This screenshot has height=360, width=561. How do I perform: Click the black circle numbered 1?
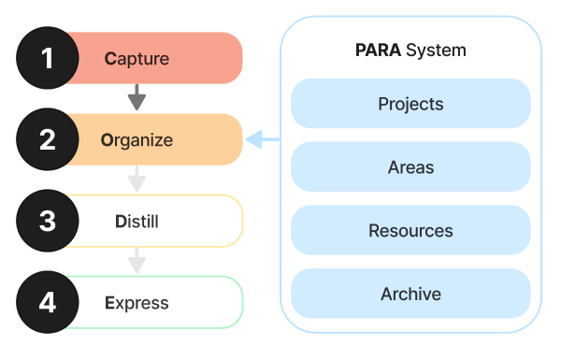coord(47,58)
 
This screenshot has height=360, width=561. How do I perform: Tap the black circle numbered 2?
coord(47,139)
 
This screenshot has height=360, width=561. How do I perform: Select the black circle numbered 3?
coord(47,221)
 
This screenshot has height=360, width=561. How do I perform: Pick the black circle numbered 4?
coord(47,302)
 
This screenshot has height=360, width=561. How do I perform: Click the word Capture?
coord(137,59)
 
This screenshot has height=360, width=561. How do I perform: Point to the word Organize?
coord(137,140)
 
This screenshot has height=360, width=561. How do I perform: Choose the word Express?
coord(137,303)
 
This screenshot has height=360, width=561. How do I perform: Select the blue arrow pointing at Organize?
coord(263,140)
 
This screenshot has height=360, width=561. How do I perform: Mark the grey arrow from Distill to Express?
coord(137,260)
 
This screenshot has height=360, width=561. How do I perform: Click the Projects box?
coord(410,103)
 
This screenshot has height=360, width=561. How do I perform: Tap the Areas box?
coord(410,166)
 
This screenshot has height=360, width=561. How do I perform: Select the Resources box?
coord(410,230)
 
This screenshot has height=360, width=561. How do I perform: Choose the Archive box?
coord(410,294)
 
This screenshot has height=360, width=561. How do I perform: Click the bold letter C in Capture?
coord(109,59)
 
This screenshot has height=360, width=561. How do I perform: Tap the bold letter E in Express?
coord(109,303)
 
